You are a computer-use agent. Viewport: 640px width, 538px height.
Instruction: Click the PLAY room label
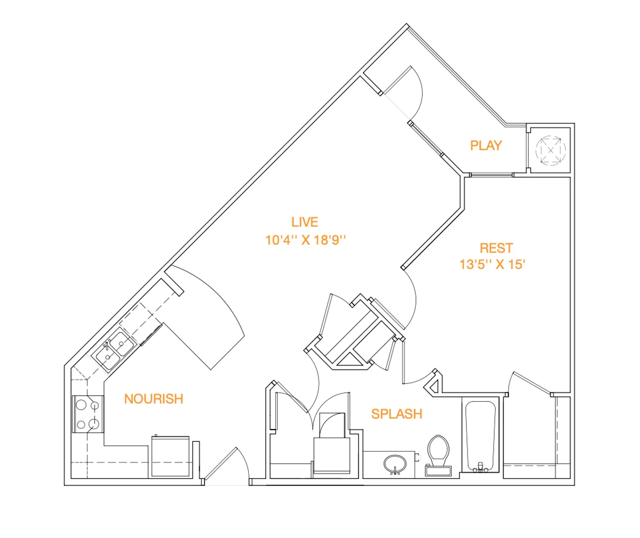pyautogui.click(x=486, y=145)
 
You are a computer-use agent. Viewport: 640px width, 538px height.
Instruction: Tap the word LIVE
pyautogui.click(x=305, y=222)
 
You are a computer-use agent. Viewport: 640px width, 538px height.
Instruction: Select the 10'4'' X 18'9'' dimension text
pyautogui.click(x=305, y=240)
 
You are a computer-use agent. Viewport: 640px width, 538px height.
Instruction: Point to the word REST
pyautogui.click(x=496, y=248)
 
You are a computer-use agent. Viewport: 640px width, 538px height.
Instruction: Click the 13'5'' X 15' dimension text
pyautogui.click(x=492, y=265)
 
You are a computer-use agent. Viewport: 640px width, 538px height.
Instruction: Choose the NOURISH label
pyautogui.click(x=153, y=399)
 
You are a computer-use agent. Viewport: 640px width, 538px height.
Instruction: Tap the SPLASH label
pyautogui.click(x=396, y=414)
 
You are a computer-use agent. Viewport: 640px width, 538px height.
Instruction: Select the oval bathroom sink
pyautogui.click(x=395, y=463)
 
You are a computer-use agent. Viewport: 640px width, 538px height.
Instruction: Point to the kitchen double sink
pyautogui.click(x=114, y=350)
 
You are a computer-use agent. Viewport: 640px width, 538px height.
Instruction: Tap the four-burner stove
pyautogui.click(x=88, y=414)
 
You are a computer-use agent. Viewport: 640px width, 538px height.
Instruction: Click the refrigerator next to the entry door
pyautogui.click(x=170, y=456)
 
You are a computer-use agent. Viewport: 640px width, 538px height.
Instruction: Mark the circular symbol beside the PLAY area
pyautogui.click(x=550, y=150)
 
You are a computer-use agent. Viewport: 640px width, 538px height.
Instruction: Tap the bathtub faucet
pyautogui.click(x=480, y=467)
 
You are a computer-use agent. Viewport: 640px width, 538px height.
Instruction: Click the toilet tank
pyautogui.click(x=438, y=471)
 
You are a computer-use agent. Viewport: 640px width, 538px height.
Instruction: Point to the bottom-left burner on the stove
pyautogui.click(x=81, y=424)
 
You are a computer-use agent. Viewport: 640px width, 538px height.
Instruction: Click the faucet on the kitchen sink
pyautogui.click(x=108, y=345)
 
